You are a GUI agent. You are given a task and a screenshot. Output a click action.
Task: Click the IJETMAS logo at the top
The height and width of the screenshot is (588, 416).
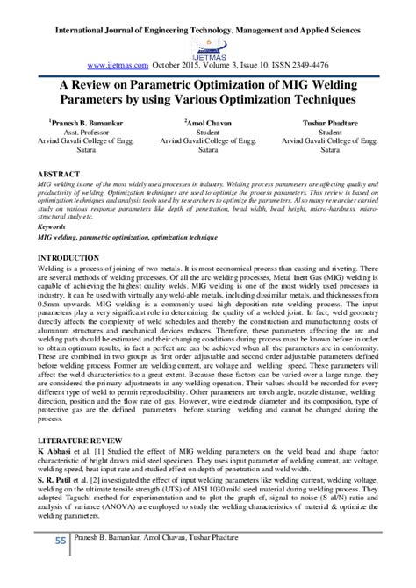208,47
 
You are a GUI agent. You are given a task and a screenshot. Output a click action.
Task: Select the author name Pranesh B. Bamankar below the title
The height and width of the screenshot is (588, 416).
73,126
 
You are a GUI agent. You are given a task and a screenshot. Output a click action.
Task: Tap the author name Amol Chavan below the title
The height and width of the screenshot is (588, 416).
207,126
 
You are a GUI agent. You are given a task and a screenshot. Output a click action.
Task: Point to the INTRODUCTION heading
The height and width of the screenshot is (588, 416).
69,257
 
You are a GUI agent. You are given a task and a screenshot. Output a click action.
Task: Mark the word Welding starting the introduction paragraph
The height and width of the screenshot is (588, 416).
53,268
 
